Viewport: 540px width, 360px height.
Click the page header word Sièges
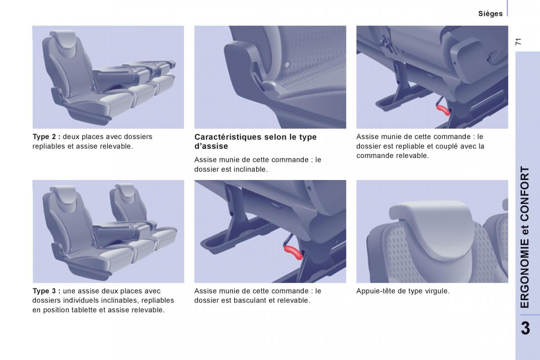coord(490,14)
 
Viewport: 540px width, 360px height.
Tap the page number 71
coord(518,42)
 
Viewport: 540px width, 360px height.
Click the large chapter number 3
coord(526,328)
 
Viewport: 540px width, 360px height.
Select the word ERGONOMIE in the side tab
coord(525,274)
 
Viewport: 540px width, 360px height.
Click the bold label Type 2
coord(46,137)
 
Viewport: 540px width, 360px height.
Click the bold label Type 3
coord(46,291)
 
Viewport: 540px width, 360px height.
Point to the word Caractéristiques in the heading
coord(228,137)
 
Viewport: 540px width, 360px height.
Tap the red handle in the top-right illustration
coord(443,110)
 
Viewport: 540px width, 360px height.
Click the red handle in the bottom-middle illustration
coord(293,252)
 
